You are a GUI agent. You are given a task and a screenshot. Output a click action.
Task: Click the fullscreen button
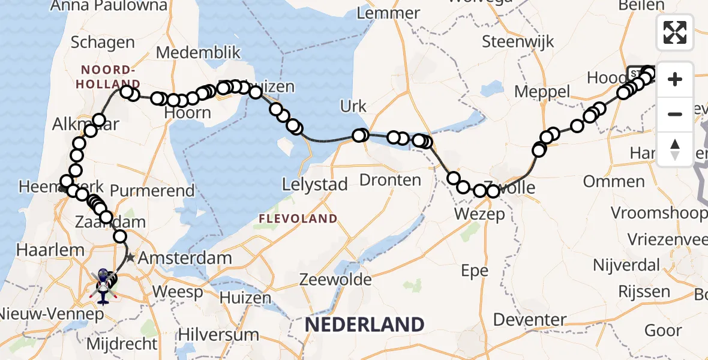(x=675, y=32)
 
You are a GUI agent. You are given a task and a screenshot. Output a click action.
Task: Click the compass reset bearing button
(x=675, y=149)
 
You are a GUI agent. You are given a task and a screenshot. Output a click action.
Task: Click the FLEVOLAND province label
(x=298, y=218)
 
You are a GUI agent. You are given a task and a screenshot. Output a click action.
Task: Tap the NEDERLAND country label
(x=364, y=325)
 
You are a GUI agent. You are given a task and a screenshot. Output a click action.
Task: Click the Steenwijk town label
(x=518, y=43)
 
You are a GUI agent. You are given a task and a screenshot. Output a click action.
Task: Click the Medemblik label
(x=190, y=52)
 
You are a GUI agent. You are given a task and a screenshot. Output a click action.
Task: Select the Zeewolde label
(x=335, y=279)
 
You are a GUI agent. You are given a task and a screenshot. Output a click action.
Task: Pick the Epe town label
(x=475, y=271)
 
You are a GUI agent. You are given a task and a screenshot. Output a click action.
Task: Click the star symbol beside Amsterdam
(x=131, y=259)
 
